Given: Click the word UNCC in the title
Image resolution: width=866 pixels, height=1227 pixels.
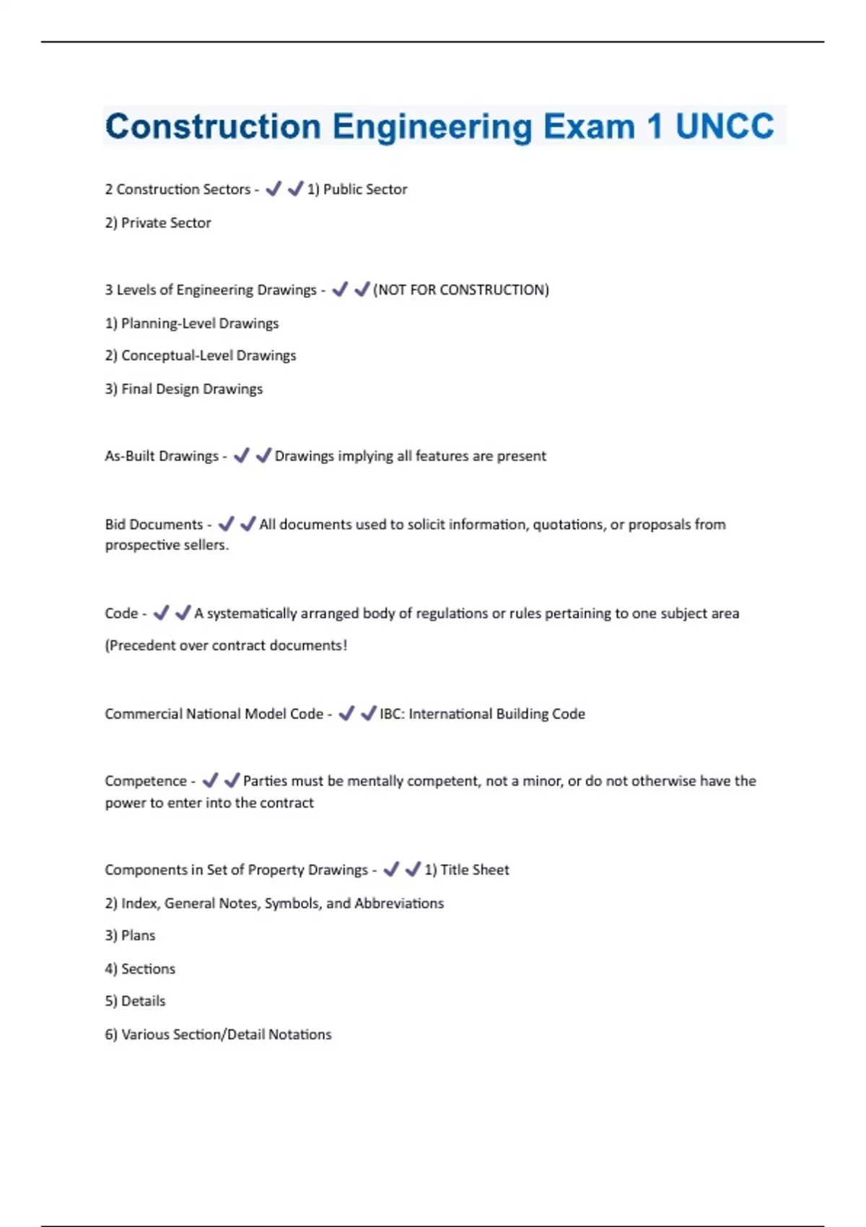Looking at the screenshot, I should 724,126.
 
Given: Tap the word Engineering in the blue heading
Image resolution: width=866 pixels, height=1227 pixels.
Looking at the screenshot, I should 432,127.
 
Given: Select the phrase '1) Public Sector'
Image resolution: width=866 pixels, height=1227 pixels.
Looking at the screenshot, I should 357,189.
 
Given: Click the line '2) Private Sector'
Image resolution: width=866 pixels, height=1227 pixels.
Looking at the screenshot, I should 158,223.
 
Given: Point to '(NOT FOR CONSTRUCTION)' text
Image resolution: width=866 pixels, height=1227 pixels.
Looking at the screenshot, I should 461,289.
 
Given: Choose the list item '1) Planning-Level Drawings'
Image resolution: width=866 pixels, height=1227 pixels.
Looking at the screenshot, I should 192,323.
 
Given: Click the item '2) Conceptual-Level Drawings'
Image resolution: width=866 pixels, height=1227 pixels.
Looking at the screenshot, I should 201,356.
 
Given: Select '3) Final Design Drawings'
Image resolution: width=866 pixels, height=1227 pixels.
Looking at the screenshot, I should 184,389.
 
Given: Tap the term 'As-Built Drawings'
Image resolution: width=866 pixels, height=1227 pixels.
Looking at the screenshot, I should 162,456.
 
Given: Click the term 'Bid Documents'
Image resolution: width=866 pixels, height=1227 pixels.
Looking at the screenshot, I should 154,525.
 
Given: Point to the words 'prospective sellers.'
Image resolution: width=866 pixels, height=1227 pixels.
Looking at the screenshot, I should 167,545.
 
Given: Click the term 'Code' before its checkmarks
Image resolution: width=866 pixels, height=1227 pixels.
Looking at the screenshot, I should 121,613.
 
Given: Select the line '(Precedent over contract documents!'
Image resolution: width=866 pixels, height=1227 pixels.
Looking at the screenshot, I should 226,645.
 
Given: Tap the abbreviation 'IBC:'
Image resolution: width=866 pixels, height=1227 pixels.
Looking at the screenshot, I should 392,714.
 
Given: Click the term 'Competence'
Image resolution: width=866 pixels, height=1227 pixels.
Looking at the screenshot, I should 146,781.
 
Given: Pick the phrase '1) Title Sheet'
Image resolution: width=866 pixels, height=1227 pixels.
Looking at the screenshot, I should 466,870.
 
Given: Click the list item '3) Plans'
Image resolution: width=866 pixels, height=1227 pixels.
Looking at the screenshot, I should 130,935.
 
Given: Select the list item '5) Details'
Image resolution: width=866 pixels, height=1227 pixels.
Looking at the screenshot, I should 135,1001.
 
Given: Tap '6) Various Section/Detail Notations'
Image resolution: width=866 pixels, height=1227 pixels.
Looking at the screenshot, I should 218,1034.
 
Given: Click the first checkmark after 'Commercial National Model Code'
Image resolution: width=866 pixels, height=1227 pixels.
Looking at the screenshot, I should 346,713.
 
